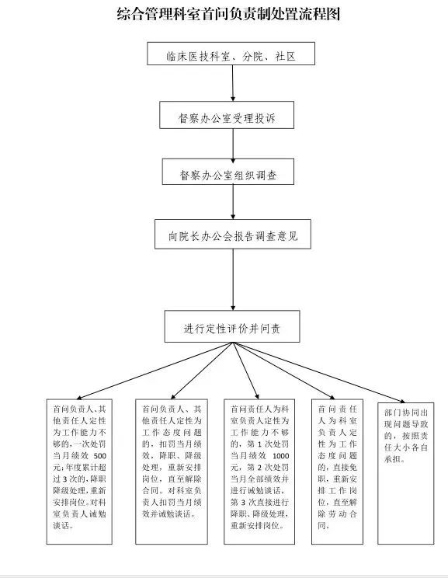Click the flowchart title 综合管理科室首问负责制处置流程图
228,14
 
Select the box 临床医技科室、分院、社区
231,54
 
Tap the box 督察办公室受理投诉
227,115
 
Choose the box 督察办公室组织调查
228,172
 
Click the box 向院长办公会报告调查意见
233,234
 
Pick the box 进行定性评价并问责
232,326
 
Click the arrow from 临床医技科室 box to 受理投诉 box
233,83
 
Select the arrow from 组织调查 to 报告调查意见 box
233,202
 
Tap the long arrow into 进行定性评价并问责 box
233,280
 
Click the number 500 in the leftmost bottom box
100,455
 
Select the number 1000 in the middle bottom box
281,455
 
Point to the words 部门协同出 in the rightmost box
406,413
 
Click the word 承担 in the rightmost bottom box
393,459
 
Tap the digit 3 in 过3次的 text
65,479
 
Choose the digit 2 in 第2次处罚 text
260,468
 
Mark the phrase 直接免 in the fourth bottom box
345,468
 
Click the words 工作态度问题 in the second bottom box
172,433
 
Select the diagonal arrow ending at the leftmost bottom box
154,371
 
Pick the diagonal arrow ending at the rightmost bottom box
319,372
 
